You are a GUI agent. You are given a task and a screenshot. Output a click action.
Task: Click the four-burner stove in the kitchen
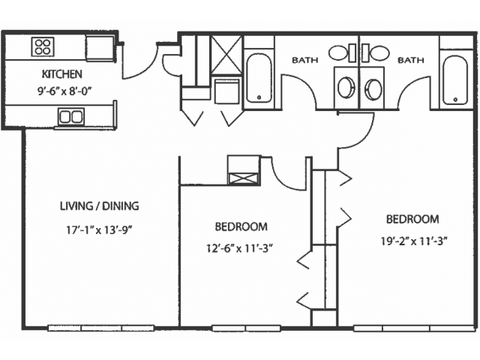[x=43, y=46]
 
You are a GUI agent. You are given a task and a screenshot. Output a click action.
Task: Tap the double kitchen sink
[x=71, y=116]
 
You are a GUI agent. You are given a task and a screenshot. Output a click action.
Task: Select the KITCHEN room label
[x=61, y=74]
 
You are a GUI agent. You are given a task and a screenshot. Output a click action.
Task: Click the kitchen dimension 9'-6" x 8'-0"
[x=64, y=91]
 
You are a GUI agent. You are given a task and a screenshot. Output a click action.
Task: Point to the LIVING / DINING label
[x=100, y=206]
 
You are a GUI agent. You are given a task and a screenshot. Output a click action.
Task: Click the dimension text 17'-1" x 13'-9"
[x=99, y=229]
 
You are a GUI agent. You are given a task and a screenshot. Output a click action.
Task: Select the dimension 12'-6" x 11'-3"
[x=240, y=248]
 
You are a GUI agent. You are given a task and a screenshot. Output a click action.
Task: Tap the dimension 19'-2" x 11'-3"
[x=414, y=241]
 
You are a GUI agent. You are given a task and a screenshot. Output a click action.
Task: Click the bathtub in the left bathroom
[x=259, y=78]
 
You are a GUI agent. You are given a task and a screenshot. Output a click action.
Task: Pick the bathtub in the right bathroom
[x=455, y=79]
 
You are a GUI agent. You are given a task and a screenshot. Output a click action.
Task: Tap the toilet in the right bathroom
[x=376, y=53]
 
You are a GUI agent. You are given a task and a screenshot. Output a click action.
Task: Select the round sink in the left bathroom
[x=346, y=88]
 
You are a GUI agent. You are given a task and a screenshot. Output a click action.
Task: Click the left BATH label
[x=305, y=60]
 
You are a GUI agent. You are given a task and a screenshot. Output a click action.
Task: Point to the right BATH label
[x=410, y=60]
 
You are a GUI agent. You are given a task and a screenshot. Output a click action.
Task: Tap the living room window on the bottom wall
[x=101, y=328]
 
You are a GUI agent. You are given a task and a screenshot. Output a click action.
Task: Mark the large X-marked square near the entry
[x=226, y=55]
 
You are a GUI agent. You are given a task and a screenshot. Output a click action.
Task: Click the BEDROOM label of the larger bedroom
[x=412, y=219]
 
